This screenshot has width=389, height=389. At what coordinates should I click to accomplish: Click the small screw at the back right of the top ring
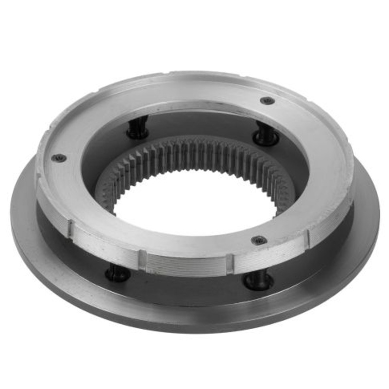tap(267, 101)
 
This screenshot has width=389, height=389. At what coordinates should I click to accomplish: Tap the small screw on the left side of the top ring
tap(59, 158)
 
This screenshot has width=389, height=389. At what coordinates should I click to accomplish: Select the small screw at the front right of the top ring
tap(259, 240)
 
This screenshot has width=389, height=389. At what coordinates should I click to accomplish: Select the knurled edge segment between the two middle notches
tap(187, 265)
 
